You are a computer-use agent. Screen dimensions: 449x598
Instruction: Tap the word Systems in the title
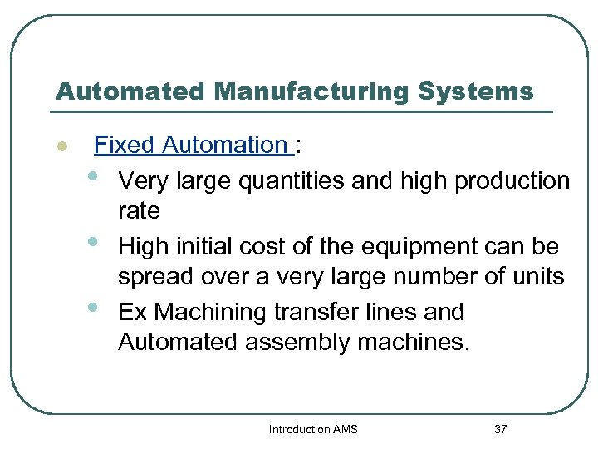475,91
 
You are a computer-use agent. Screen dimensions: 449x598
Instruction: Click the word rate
139,211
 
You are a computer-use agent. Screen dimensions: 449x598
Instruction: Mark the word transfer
329,313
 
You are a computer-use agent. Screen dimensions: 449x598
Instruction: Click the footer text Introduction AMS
313,429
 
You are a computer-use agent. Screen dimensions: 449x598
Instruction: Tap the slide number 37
500,429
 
